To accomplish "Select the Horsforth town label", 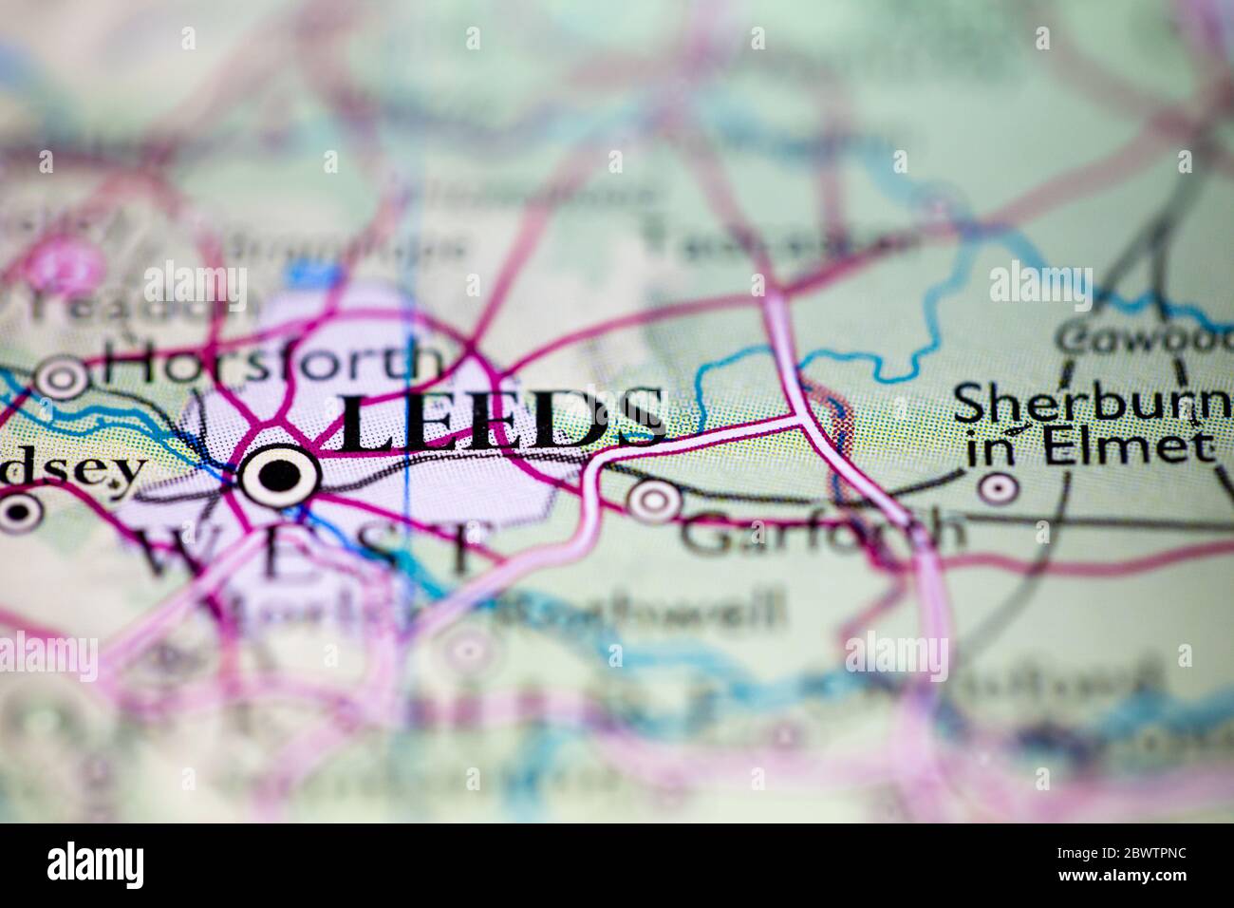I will pos(273,364).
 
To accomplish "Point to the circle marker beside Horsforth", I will pos(63,378).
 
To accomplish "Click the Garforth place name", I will pos(822,532).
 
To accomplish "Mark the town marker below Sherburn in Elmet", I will pos(997,488).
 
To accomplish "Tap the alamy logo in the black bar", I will pos(96,865).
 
